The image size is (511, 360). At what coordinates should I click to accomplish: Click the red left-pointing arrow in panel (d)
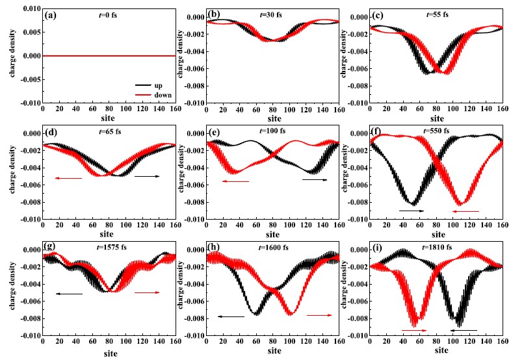point(68,178)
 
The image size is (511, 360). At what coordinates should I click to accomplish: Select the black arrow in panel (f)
point(412,211)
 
